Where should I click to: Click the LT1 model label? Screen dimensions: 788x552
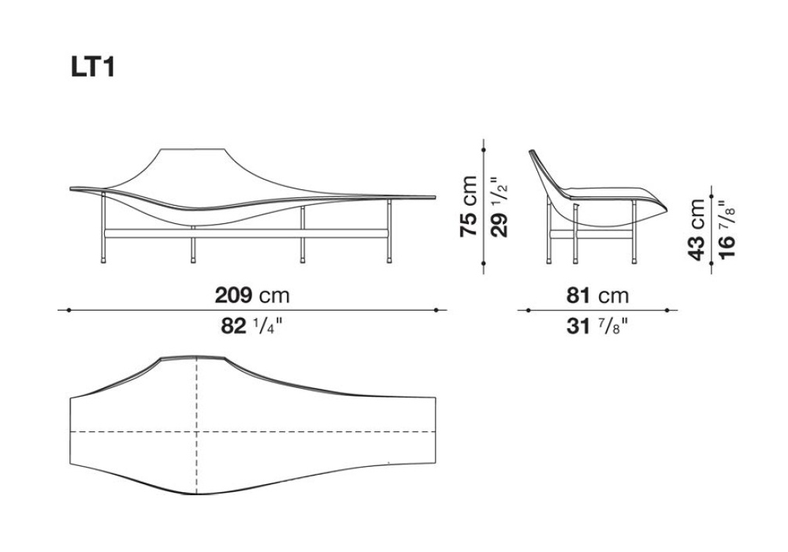[x=93, y=67]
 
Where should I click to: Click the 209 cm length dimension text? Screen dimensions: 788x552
[x=252, y=296]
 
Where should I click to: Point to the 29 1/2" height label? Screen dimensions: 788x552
[x=499, y=207]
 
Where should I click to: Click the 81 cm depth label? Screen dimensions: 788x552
[x=597, y=296]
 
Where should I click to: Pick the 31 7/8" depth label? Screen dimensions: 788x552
[x=597, y=326]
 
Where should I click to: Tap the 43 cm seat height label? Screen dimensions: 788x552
[x=697, y=229]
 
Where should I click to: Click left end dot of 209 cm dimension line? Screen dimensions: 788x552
[x=69, y=310]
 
